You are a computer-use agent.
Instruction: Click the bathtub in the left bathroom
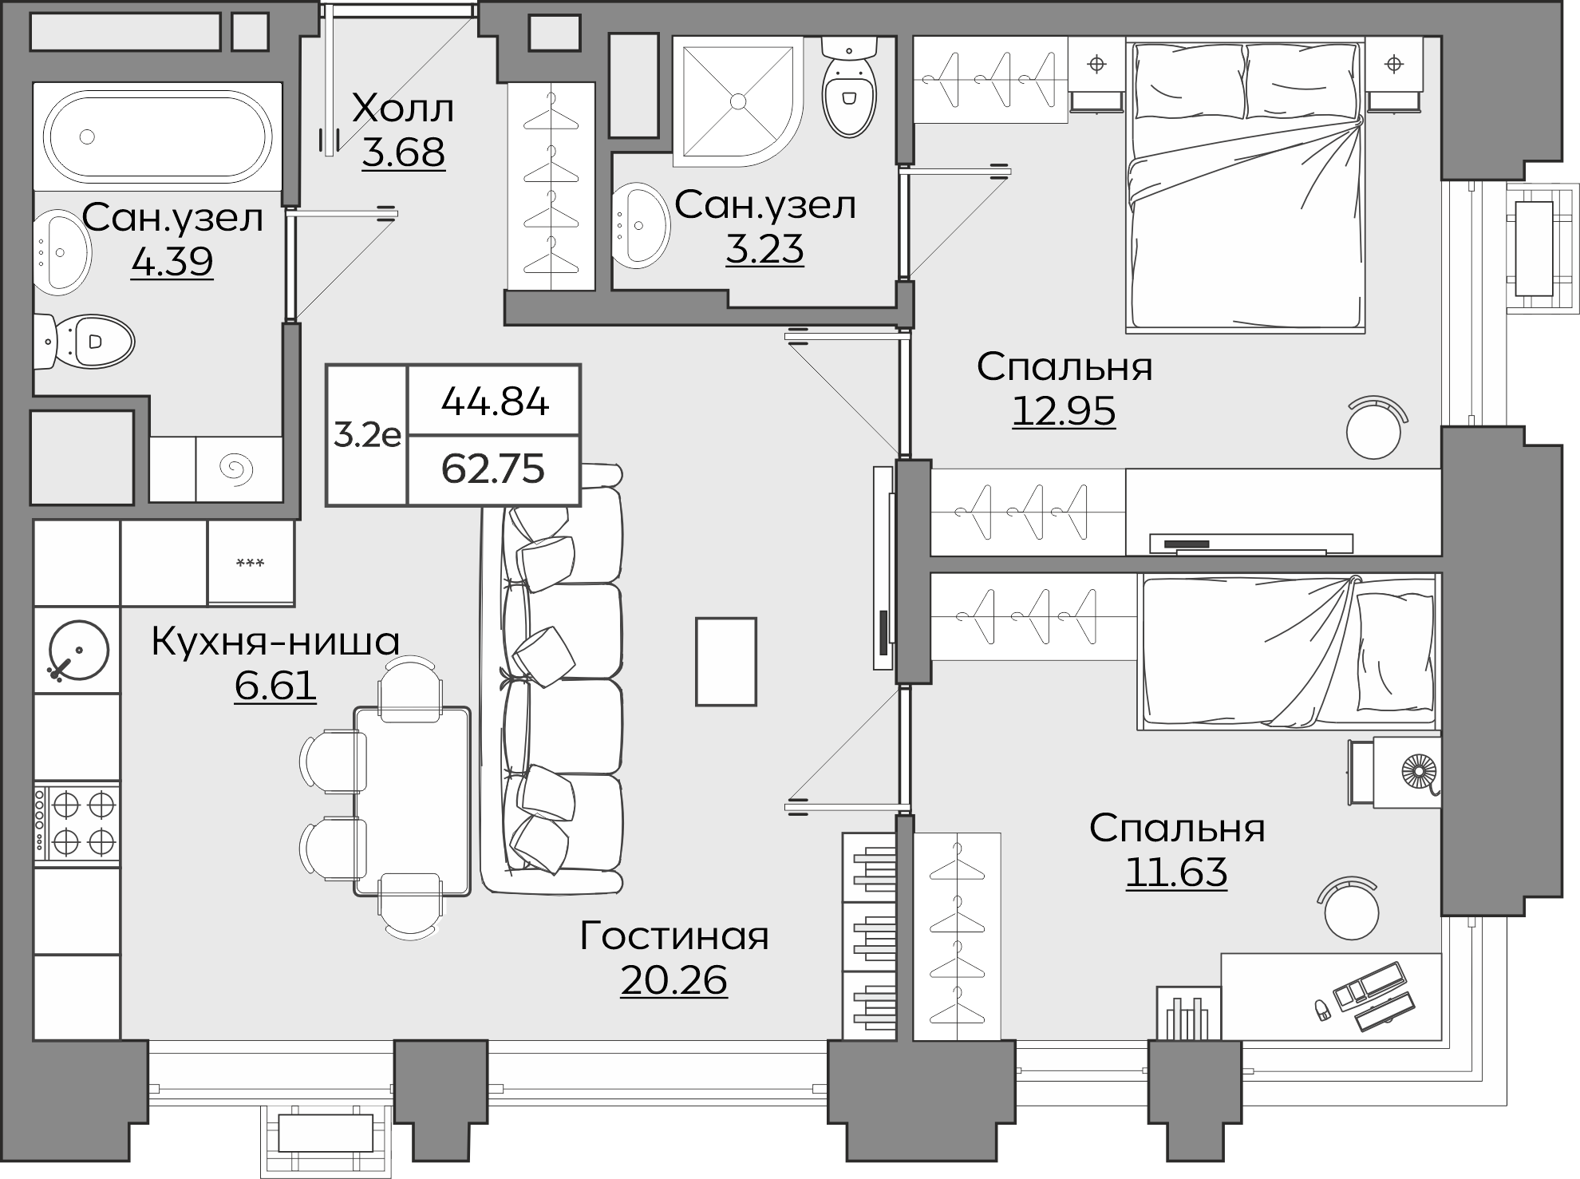click(x=157, y=136)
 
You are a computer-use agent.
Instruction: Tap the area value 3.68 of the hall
click(x=403, y=152)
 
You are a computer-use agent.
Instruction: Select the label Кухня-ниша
click(x=275, y=641)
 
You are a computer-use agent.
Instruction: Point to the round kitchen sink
click(x=77, y=650)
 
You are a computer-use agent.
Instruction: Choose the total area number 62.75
click(x=493, y=469)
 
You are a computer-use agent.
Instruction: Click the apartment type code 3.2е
click(x=367, y=435)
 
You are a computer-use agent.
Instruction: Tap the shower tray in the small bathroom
click(x=737, y=101)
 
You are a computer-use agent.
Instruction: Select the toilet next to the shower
click(x=848, y=87)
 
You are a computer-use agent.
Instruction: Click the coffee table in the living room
click(x=725, y=661)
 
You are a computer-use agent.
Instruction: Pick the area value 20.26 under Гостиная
click(x=673, y=980)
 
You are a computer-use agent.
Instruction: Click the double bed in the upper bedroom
click(x=1245, y=185)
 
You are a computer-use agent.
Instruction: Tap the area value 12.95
click(x=1064, y=411)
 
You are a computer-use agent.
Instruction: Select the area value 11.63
click(x=1176, y=872)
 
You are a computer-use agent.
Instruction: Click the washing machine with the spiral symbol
click(x=239, y=469)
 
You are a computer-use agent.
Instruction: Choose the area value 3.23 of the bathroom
click(x=764, y=249)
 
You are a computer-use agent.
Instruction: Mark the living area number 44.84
click(x=495, y=402)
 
